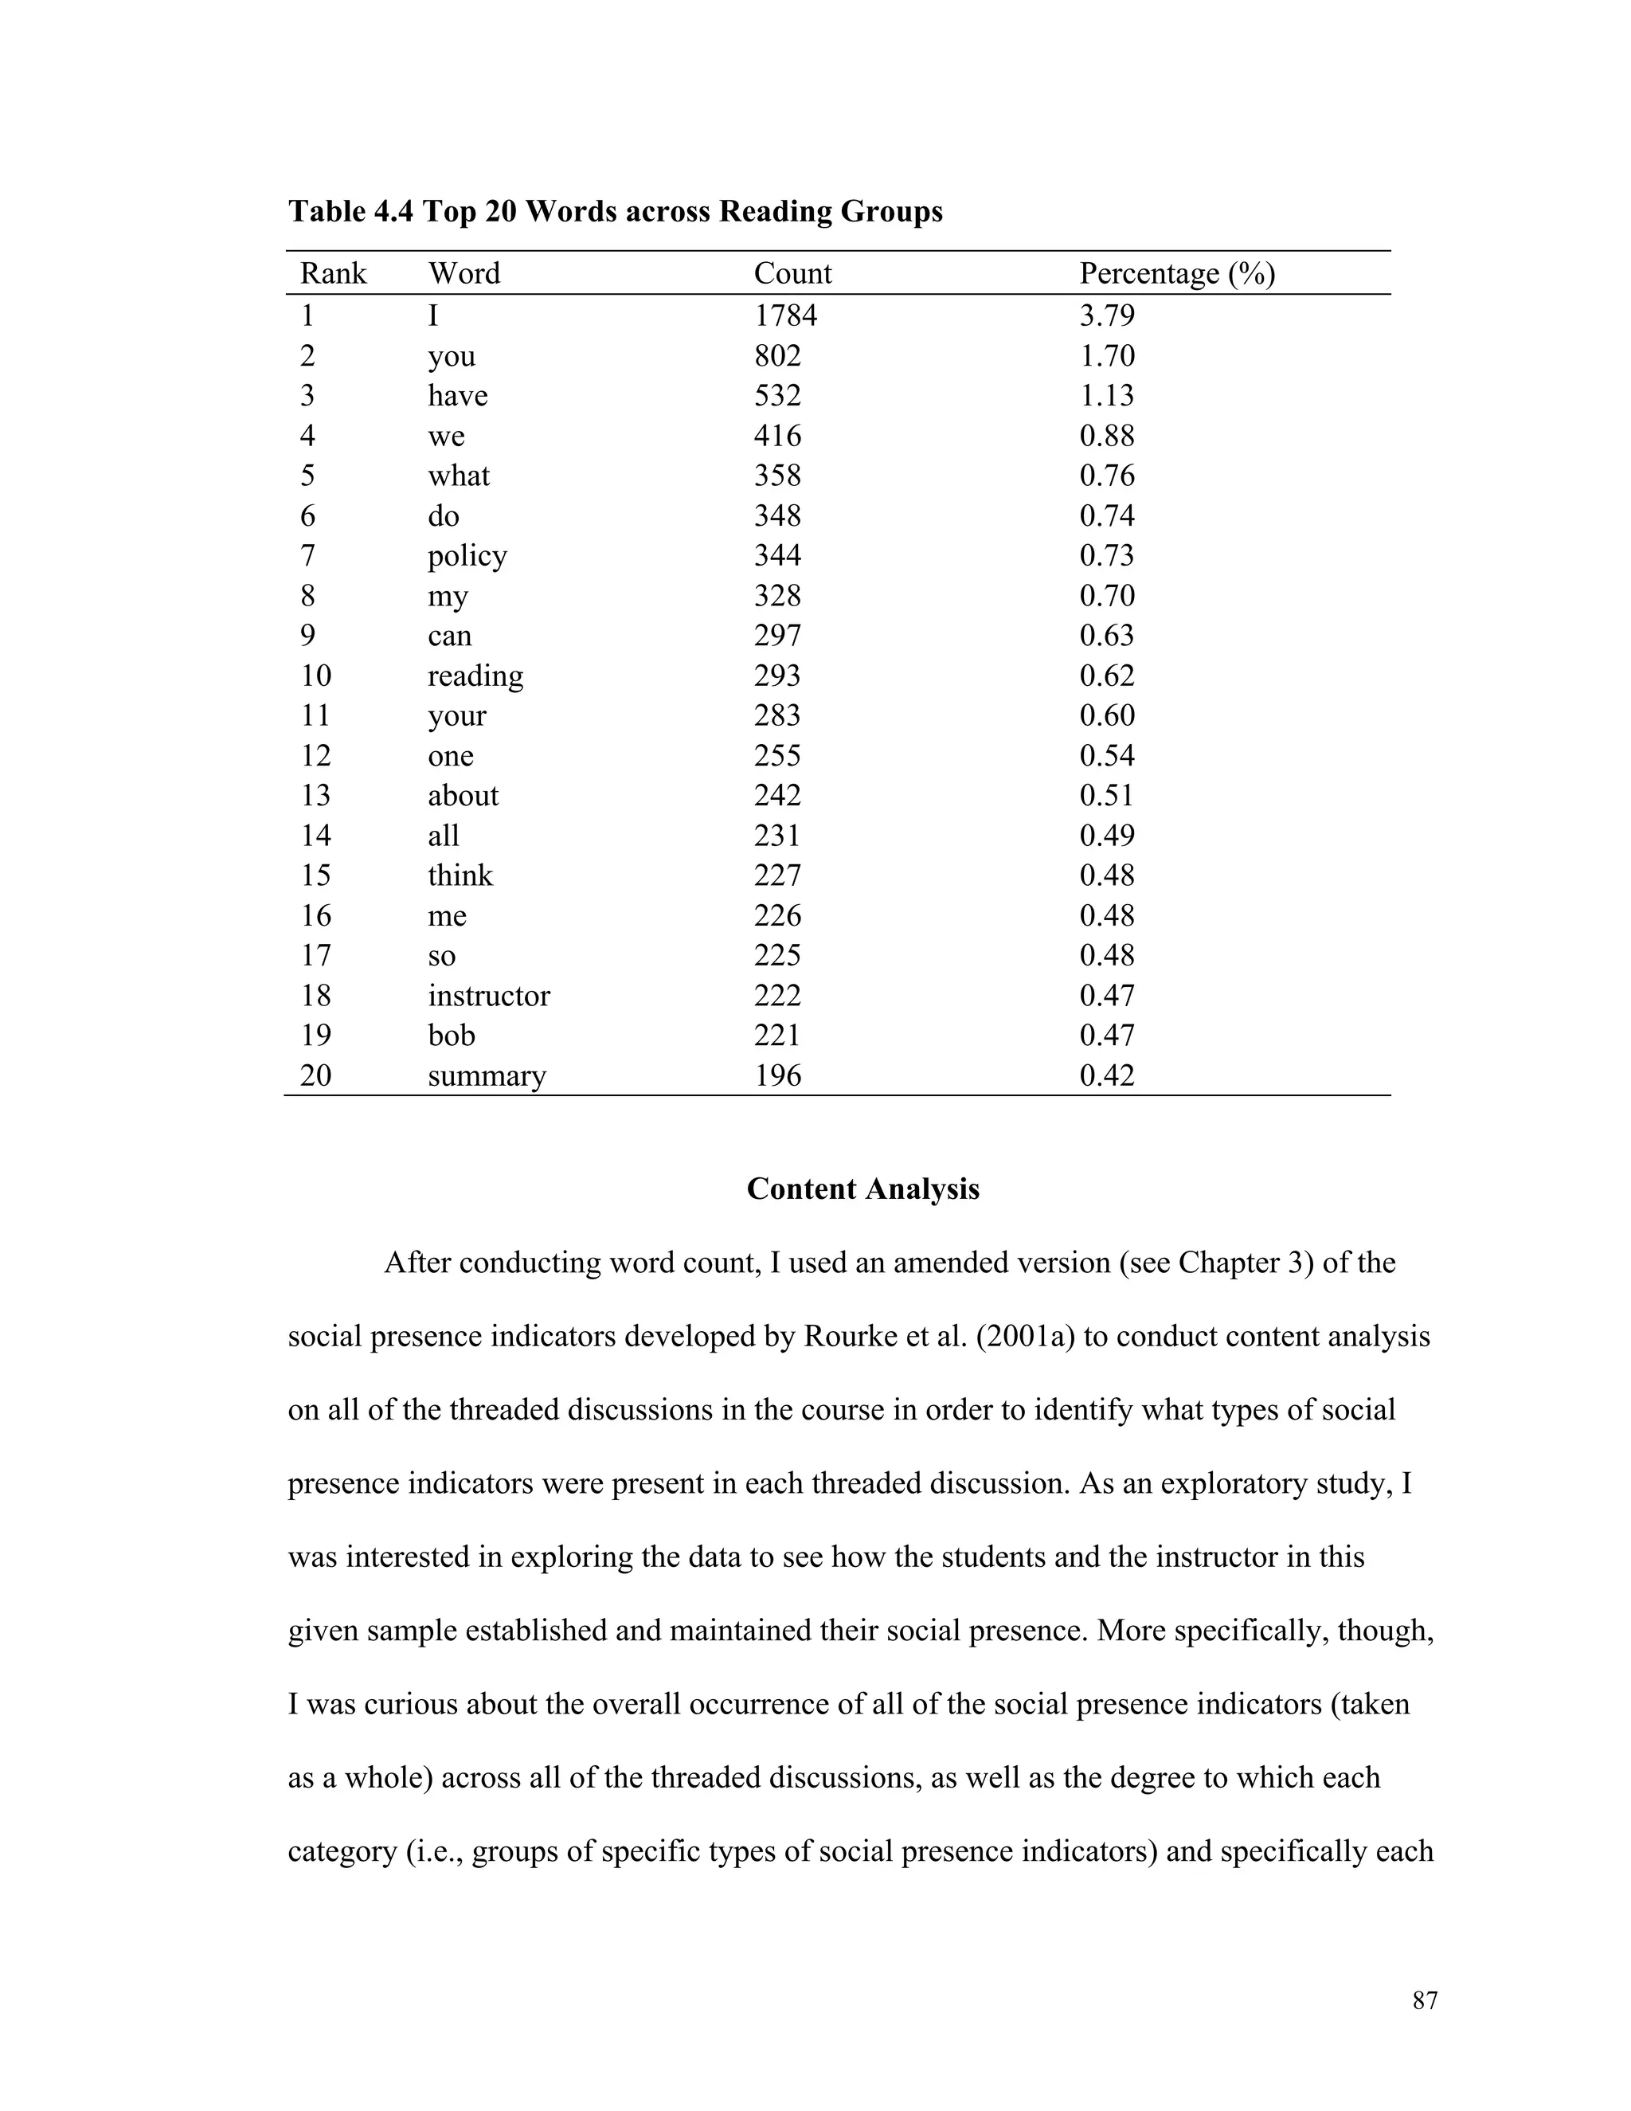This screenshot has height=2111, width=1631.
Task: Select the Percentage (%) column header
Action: coord(1176,273)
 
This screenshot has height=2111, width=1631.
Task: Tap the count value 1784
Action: coord(784,316)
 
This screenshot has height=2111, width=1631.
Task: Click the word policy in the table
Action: coord(467,556)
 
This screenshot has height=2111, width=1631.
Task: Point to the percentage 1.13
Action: coord(1106,395)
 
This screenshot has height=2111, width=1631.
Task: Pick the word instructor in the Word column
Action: coord(488,996)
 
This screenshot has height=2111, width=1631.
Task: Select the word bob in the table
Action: coord(452,1036)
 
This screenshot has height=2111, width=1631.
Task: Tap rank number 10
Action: coord(315,676)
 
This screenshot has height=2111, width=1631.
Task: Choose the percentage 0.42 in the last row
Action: coord(1106,1075)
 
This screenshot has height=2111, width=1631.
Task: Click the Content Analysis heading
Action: coord(862,1189)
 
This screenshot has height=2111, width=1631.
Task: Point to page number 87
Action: coord(1424,2001)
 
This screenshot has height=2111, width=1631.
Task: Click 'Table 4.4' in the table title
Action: coord(350,212)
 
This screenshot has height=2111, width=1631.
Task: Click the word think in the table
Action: coord(460,875)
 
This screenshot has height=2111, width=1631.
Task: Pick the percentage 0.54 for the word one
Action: coord(1106,756)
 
